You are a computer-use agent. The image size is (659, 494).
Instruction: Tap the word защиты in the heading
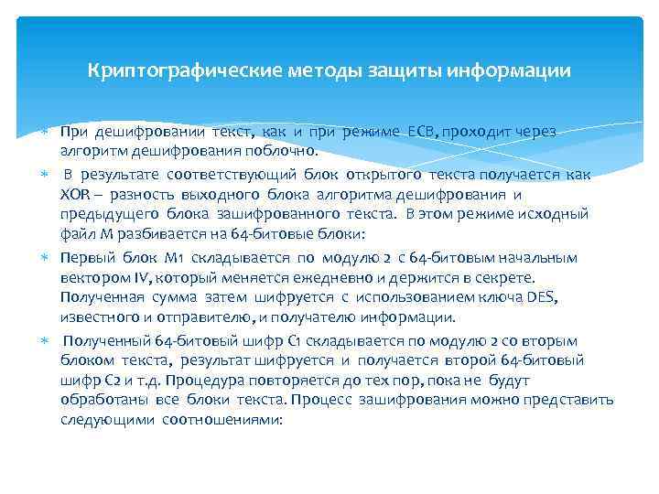click(x=401, y=70)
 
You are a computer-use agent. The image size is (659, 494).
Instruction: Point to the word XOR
click(x=74, y=195)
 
